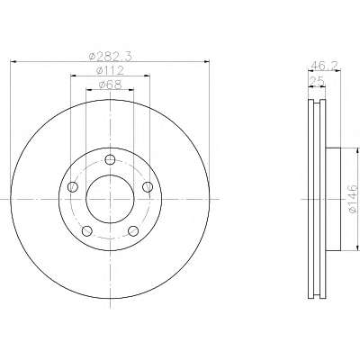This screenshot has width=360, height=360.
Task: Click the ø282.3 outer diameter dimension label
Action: pyautogui.click(x=111, y=56)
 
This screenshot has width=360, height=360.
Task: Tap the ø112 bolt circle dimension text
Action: pyautogui.click(x=110, y=70)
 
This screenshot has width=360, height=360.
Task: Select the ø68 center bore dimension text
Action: pyautogui.click(x=111, y=85)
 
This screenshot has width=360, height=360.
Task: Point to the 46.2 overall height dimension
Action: pyautogui.click(x=325, y=65)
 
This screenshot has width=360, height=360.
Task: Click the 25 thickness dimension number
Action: pyautogui.click(x=317, y=81)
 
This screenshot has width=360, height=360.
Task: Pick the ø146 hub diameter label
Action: pyautogui.click(x=353, y=199)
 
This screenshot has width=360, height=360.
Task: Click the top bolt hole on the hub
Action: pyautogui.click(x=110, y=159)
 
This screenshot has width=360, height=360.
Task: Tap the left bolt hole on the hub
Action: pyautogui.click(x=72, y=187)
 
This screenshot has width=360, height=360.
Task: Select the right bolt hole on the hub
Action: pyautogui.click(x=148, y=187)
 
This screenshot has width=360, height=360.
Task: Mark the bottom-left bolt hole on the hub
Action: pyautogui.click(x=86, y=231)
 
